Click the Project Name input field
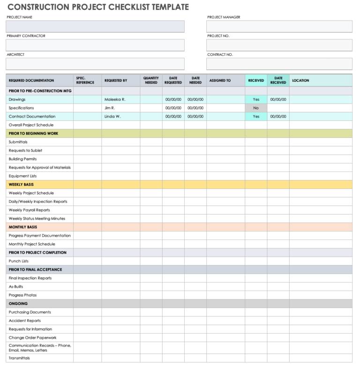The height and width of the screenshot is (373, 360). pos(95,26)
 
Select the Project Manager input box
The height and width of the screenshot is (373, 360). pos(279,26)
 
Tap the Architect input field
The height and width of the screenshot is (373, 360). pos(95,64)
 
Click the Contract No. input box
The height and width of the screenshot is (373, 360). pos(279,64)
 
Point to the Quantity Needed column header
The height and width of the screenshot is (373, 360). pos(151,81)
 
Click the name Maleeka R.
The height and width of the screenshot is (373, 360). pos(115,99)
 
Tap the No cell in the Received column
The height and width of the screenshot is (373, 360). pos(256,108)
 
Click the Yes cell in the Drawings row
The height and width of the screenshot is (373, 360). pos(256,99)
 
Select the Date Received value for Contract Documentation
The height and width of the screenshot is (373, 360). pos(278,116)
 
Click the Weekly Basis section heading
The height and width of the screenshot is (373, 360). pos(21,185)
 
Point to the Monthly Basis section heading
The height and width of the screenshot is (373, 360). pos(22,227)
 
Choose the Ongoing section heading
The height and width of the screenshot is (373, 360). pos(18,304)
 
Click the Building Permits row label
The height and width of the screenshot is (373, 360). pos(22,159)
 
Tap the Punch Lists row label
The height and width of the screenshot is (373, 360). pos(19,261)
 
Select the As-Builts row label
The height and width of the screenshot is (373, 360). pos(16,286)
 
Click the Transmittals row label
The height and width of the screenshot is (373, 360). pos(19,358)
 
